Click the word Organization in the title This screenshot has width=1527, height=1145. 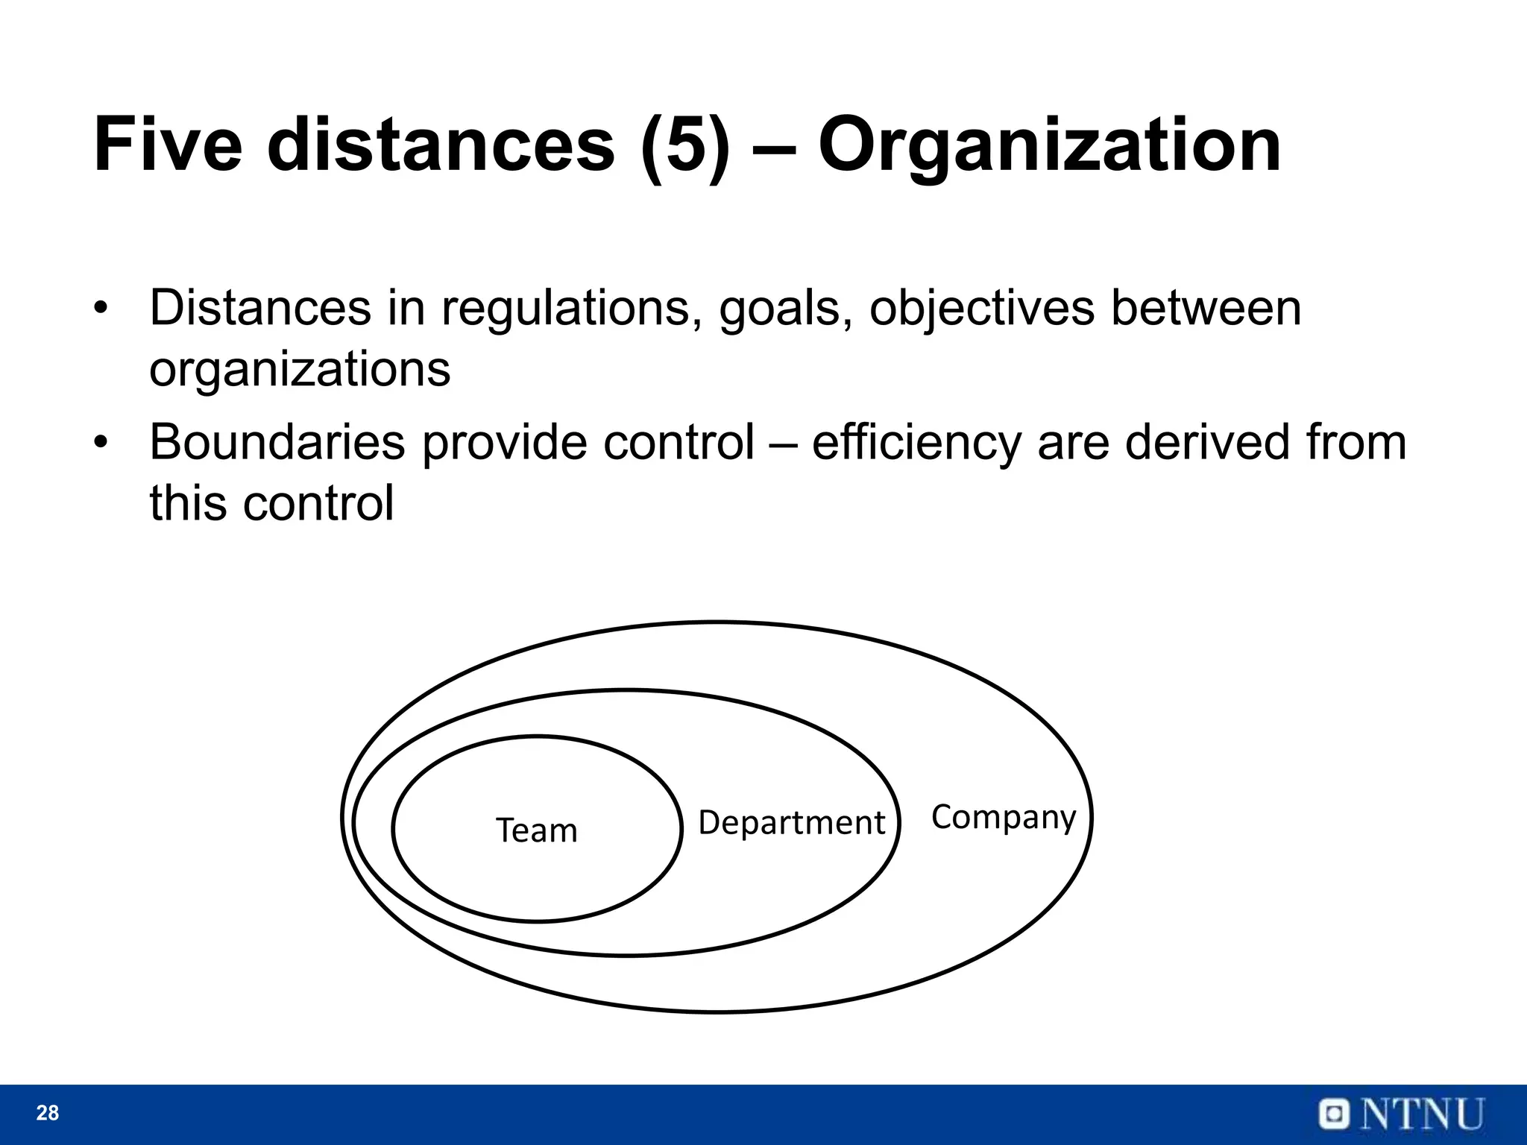tap(1049, 146)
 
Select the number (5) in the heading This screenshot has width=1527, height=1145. tap(684, 146)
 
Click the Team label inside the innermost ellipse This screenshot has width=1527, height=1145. tap(537, 830)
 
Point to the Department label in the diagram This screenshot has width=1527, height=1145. tap(791, 823)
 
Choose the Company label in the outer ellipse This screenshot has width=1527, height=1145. tap(1004, 818)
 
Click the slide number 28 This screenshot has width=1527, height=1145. tap(48, 1113)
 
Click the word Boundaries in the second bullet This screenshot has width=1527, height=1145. tap(277, 442)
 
